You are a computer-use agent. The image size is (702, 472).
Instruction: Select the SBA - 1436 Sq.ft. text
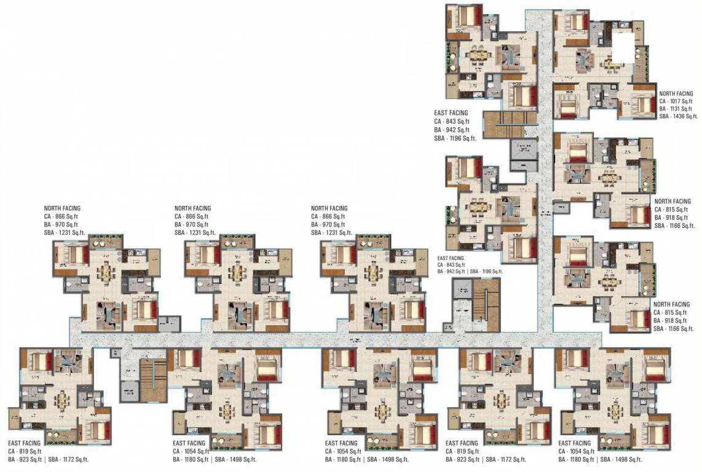pyautogui.click(x=679, y=116)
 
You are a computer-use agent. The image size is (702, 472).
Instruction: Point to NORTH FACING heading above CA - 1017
pyautogui.click(x=676, y=94)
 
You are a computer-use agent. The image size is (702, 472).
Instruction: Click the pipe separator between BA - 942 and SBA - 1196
pyautogui.click(x=467, y=271)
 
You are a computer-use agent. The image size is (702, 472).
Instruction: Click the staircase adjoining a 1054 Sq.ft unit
pyautogui.click(x=151, y=379)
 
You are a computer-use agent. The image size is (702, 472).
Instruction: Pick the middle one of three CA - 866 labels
pyautogui.click(x=191, y=216)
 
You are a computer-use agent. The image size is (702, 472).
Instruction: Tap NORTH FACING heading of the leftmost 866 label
pyautogui.click(x=61, y=208)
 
